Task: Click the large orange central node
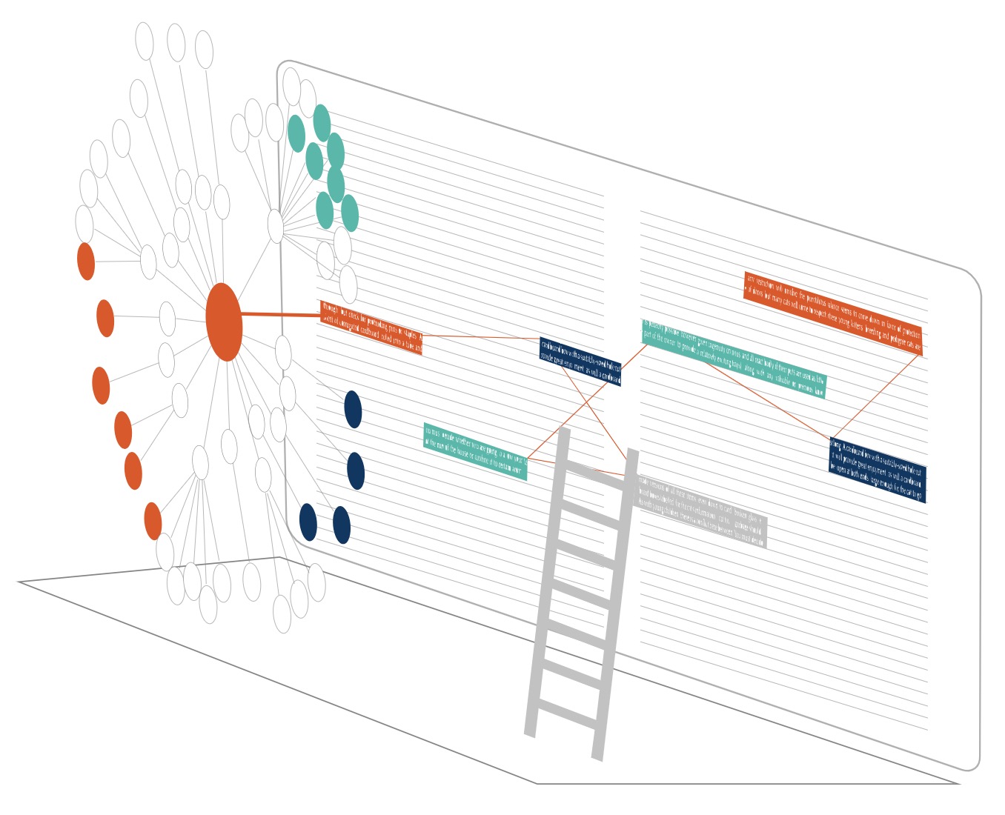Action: [224, 322]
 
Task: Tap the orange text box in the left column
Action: [371, 327]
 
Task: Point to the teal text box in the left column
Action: [475, 451]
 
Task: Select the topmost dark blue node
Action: [353, 409]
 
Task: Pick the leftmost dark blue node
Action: [308, 522]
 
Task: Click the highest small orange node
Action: [86, 261]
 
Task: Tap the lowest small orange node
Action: [153, 521]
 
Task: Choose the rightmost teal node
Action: [350, 213]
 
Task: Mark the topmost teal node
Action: [322, 122]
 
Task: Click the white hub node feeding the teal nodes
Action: [276, 226]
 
